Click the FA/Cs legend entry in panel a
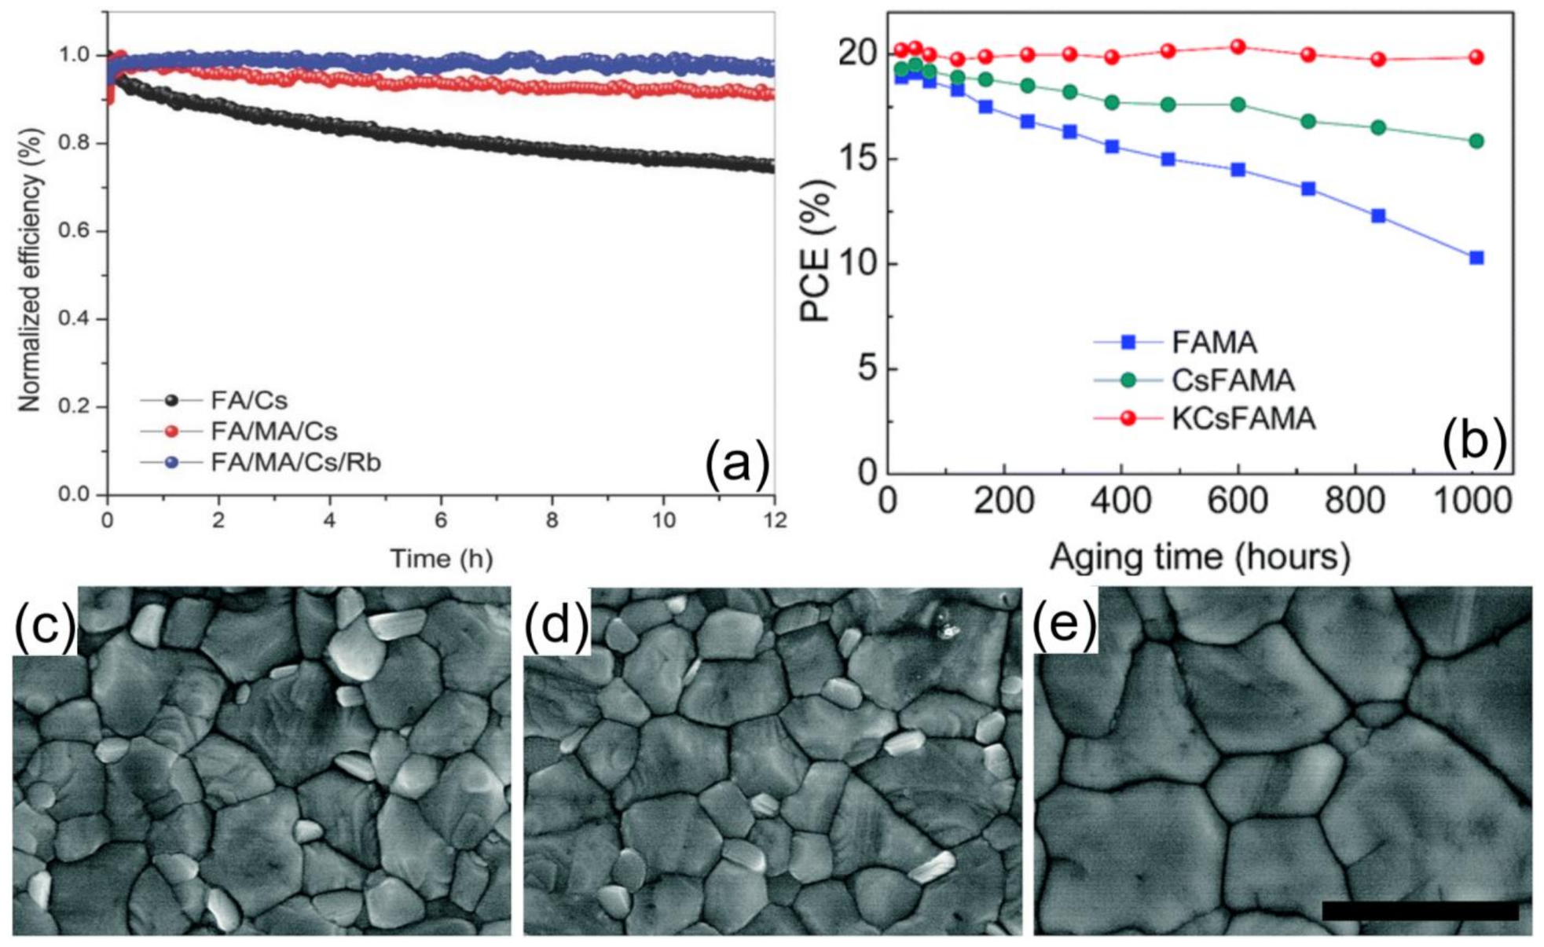249,401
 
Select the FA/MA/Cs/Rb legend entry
295,462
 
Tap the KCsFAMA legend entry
1242,418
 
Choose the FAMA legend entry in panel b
1214,342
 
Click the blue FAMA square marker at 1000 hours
1476,258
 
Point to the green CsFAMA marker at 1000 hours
1476,141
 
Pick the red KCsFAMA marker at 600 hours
1238,47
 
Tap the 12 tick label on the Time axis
775,520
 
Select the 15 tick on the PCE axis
857,160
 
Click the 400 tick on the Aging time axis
1120,501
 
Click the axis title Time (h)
441,559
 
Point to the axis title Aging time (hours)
1200,556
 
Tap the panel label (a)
736,464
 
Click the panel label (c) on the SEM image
44,625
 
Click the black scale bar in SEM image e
1421,911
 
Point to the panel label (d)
556,625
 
